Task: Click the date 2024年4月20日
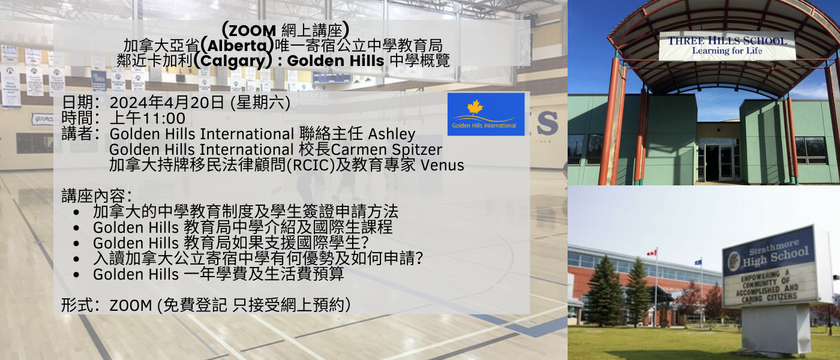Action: click(x=167, y=103)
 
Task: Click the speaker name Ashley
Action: click(x=392, y=134)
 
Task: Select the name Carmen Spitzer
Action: click(x=386, y=150)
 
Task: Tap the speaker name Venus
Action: click(x=443, y=166)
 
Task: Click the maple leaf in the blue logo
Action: click(x=475, y=107)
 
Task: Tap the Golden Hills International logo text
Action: click(x=484, y=125)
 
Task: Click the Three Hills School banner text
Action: click(x=727, y=41)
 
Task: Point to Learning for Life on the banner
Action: click(x=727, y=50)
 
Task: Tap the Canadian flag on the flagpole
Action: click(x=652, y=253)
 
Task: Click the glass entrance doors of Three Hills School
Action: click(x=720, y=162)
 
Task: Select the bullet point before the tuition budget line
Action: click(x=77, y=275)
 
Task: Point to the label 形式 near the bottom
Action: click(x=77, y=305)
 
